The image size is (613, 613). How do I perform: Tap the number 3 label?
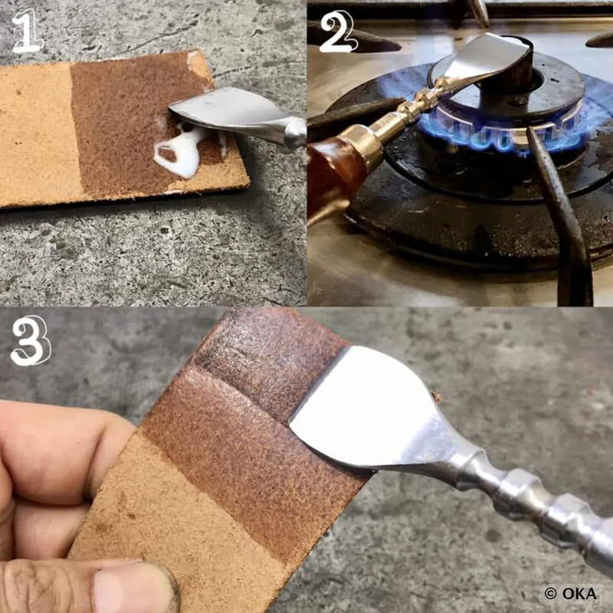coord(29,341)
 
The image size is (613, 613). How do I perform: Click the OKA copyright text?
coord(571,593)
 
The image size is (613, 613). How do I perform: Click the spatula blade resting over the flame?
coord(490,57)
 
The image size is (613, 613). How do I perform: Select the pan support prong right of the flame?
coord(563,222)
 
